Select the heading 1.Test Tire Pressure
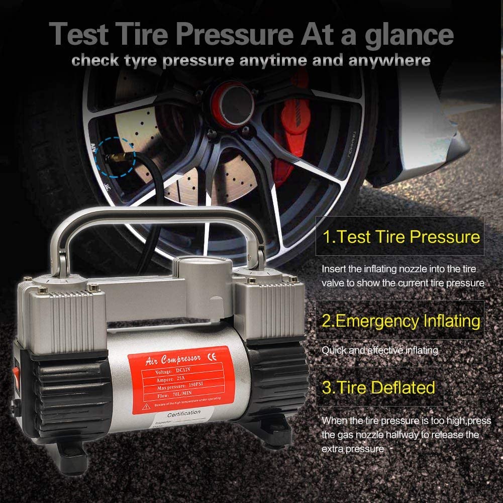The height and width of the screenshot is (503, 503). [400, 237]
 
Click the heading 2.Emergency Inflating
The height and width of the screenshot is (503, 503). [400, 321]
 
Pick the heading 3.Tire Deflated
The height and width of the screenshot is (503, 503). [378, 387]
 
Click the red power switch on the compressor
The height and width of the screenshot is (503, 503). [16, 374]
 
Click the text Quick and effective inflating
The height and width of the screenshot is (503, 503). [379, 350]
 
